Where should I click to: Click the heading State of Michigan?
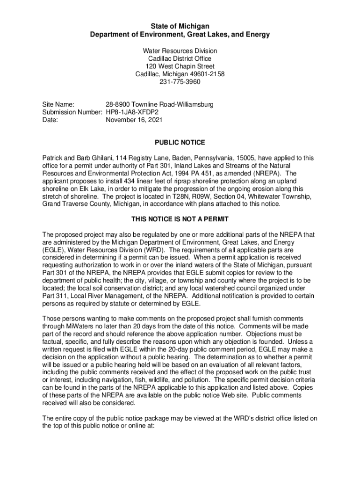(180, 26)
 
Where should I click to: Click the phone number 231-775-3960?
(180, 82)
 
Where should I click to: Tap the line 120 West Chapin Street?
(180, 66)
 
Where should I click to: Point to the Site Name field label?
(60, 104)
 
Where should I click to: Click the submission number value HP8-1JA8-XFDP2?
(132, 112)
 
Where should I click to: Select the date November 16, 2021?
(134, 120)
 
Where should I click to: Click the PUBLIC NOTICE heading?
(180, 143)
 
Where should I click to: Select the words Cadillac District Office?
(180, 58)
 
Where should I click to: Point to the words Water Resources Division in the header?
(180, 51)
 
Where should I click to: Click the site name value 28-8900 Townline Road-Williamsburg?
(159, 104)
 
